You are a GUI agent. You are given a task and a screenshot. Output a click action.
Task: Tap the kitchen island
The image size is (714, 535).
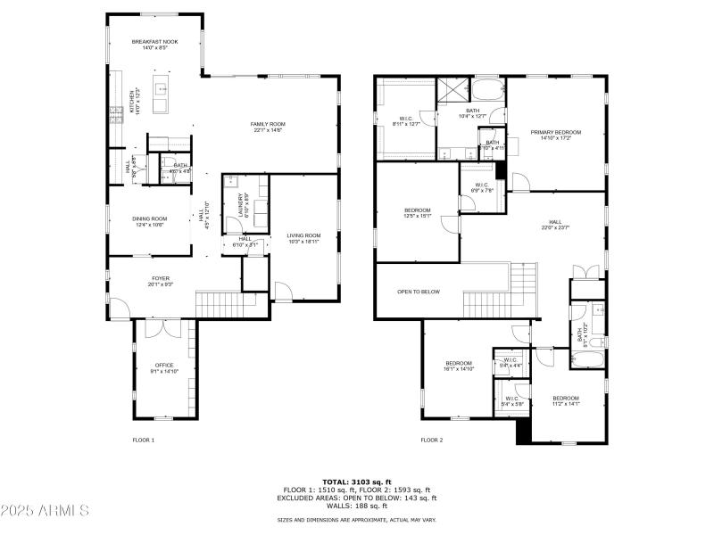(x=162, y=96)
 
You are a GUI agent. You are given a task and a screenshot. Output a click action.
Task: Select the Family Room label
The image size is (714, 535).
(x=267, y=127)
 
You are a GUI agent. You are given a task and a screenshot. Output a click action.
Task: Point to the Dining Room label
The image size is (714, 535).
(x=150, y=221)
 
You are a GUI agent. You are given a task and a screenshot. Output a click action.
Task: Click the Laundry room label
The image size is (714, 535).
(x=242, y=204)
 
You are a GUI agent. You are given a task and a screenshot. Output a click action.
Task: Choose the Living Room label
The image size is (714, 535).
(x=303, y=238)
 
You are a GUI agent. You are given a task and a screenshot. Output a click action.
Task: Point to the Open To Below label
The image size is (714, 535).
(x=419, y=292)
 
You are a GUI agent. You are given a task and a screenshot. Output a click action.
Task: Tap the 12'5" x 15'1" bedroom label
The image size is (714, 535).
(x=418, y=213)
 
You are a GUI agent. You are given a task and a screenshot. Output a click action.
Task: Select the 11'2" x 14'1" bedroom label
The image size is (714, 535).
(x=565, y=400)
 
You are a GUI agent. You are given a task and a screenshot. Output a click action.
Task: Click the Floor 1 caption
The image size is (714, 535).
(x=144, y=440)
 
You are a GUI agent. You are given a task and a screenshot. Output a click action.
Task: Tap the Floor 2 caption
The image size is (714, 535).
(x=432, y=440)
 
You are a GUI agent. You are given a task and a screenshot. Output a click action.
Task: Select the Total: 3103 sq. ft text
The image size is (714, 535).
(x=357, y=481)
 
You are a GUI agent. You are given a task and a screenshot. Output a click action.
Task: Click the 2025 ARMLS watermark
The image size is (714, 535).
(x=45, y=510)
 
